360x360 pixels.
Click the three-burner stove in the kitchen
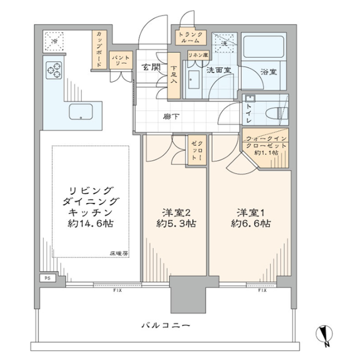[54, 70]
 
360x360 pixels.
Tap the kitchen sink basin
[80, 112]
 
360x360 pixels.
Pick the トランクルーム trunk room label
[189, 38]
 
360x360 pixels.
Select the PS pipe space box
[48, 278]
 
